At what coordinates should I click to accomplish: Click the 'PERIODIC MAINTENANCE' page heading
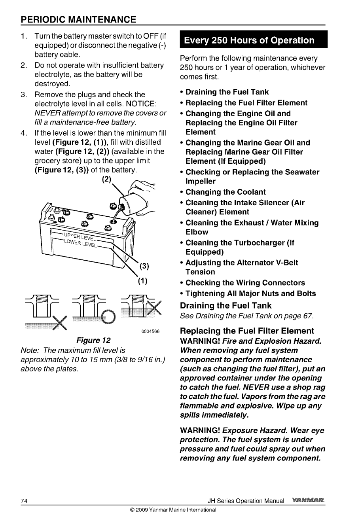78,19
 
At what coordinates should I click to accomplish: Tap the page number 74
24,501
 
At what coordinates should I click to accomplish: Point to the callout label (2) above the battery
106,178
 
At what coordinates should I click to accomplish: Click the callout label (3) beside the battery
144,266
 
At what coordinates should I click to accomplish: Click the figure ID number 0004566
150,331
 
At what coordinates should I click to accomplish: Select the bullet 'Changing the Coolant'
225,192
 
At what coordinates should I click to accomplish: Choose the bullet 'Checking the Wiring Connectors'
245,283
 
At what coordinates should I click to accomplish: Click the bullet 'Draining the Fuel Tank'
227,92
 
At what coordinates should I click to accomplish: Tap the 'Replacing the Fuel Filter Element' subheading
247,331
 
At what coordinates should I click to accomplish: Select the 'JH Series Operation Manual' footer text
246,501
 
